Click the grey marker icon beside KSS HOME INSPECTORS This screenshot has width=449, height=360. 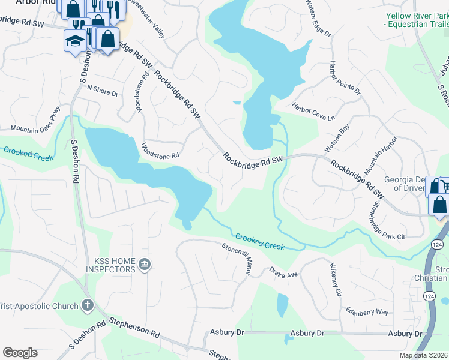tap(144, 265)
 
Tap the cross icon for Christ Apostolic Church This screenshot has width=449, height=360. tap(88, 306)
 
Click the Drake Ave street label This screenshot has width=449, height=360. tap(283, 274)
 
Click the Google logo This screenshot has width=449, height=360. tap(20, 353)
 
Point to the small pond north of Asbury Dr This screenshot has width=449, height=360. tap(282, 305)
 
